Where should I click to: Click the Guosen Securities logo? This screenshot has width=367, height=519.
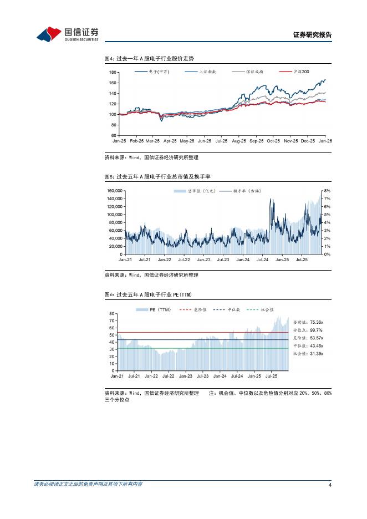[67, 34]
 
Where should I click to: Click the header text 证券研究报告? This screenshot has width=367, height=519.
[312, 35]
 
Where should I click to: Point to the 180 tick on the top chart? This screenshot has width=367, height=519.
[113, 73]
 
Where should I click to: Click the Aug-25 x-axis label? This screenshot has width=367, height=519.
[238, 141]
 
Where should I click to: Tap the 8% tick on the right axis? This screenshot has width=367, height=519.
[327, 191]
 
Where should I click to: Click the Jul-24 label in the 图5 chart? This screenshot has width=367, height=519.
[262, 259]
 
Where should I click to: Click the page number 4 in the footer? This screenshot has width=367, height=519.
[330, 485]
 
